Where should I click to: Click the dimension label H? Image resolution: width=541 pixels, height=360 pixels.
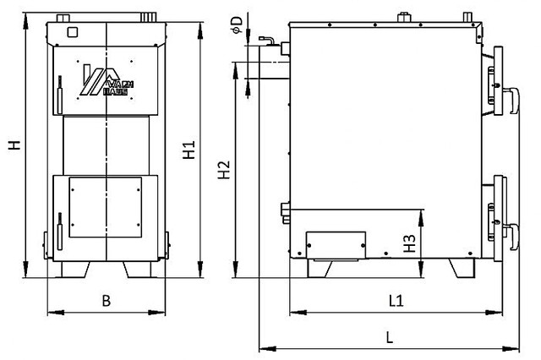click(x=14, y=145)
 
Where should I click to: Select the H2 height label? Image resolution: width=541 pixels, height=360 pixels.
click(x=223, y=170)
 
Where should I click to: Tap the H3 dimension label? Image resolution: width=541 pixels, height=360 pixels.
click(x=409, y=244)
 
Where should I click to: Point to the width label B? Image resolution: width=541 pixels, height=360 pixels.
click(x=107, y=300)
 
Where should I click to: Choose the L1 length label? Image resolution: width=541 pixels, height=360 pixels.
click(x=395, y=300)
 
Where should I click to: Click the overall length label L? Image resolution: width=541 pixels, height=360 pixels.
click(x=389, y=335)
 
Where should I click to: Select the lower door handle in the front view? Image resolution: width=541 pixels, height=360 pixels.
click(x=59, y=236)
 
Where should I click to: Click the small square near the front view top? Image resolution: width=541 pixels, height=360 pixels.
click(x=71, y=32)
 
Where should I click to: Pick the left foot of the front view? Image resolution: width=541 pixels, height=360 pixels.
click(x=77, y=269)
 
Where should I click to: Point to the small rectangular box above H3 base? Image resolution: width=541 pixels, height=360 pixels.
click(x=336, y=244)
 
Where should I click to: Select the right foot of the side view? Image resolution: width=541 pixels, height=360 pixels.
click(x=463, y=267)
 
